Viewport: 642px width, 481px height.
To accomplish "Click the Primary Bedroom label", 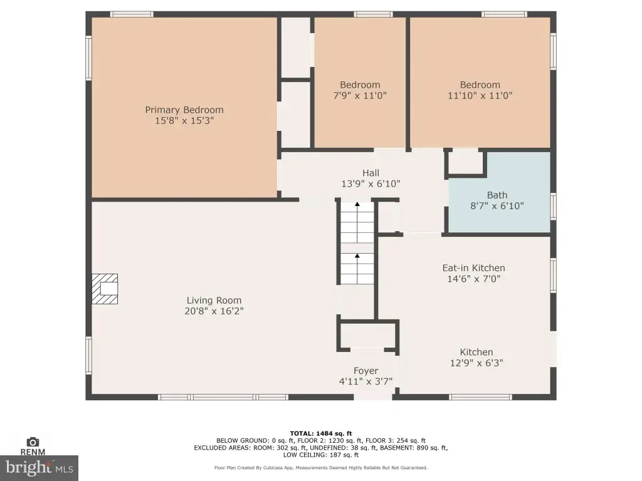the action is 184,110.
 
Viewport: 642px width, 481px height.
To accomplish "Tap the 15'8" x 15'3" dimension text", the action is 184,121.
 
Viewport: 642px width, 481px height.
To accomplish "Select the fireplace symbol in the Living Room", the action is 105,289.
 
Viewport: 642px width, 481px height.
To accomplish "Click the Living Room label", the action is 214,301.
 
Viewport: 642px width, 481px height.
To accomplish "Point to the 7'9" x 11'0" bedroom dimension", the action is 360,96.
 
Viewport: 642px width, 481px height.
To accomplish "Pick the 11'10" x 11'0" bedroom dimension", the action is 480,96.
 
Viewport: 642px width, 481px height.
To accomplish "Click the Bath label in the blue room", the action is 497,195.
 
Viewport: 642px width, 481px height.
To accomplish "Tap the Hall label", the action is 371,173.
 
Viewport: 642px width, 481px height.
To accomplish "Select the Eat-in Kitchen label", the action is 474,268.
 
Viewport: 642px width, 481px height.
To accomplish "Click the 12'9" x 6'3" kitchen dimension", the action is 476,363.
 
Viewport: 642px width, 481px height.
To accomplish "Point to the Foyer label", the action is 366,371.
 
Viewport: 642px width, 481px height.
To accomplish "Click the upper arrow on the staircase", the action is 357,204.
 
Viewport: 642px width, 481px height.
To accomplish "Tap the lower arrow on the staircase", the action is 357,256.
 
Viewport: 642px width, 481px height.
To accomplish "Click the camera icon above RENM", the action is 33,442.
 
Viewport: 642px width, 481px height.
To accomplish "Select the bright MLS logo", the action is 39,468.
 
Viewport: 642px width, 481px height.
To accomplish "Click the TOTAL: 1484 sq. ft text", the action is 321,433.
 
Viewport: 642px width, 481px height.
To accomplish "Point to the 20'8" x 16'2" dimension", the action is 214,311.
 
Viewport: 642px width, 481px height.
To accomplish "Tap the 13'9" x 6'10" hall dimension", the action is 371,184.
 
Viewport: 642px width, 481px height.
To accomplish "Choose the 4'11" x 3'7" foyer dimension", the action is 366,381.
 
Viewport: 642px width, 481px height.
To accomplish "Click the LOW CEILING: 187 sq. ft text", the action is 321,455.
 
